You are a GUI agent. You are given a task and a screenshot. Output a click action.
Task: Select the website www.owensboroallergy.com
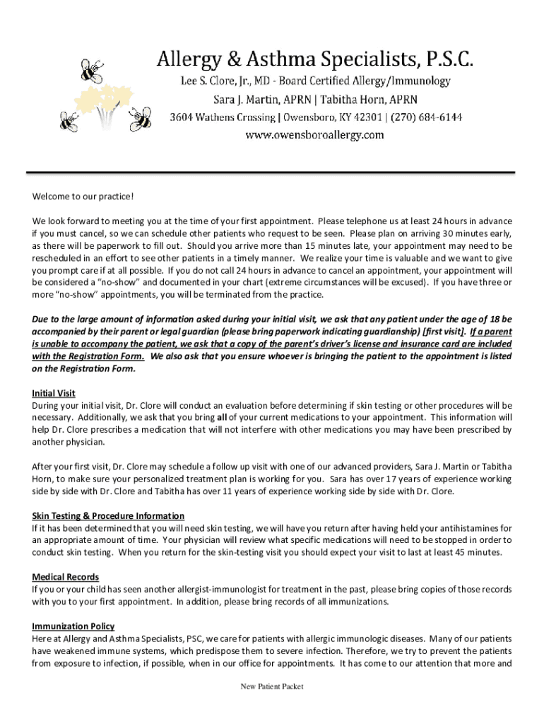315,134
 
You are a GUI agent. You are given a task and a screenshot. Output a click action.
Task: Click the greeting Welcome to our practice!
83,196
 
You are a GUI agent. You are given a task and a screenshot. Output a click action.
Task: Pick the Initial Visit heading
54,393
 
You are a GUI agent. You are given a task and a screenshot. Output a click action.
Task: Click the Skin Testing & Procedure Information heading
108,516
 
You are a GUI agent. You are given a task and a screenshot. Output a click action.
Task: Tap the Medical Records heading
65,578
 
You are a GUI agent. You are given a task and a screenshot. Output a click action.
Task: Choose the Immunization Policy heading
73,626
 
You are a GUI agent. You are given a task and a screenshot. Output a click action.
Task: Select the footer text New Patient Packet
273,687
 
